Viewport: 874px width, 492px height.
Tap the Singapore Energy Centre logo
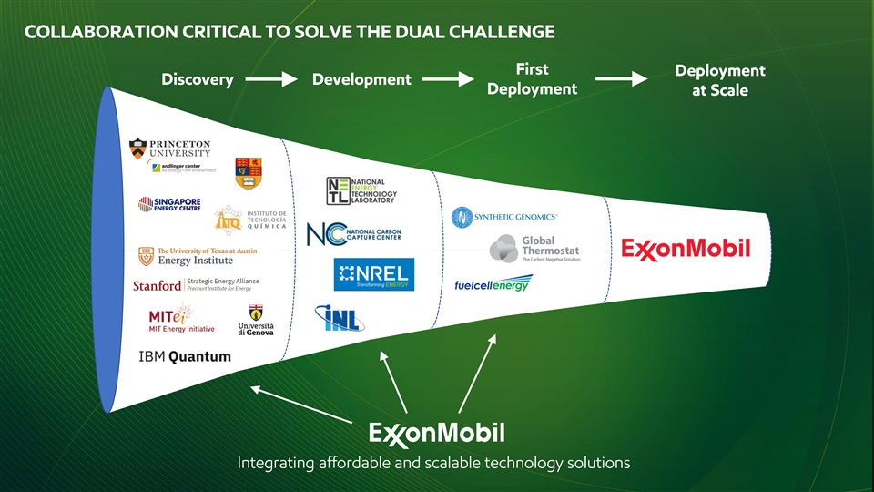point(169,204)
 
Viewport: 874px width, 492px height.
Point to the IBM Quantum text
point(185,356)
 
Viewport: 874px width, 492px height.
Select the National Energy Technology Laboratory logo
point(361,190)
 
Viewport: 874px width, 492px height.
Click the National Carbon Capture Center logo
point(354,233)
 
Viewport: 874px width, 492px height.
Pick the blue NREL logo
point(373,274)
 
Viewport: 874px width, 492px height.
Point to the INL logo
point(340,317)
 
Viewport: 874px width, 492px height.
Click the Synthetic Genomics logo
point(503,217)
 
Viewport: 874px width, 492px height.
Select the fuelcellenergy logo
point(492,284)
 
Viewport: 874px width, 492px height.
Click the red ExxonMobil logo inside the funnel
point(686,248)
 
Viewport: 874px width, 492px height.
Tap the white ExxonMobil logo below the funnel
point(436,431)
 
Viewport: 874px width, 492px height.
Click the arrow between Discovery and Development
point(271,80)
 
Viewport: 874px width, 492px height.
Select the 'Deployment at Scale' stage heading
point(719,80)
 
